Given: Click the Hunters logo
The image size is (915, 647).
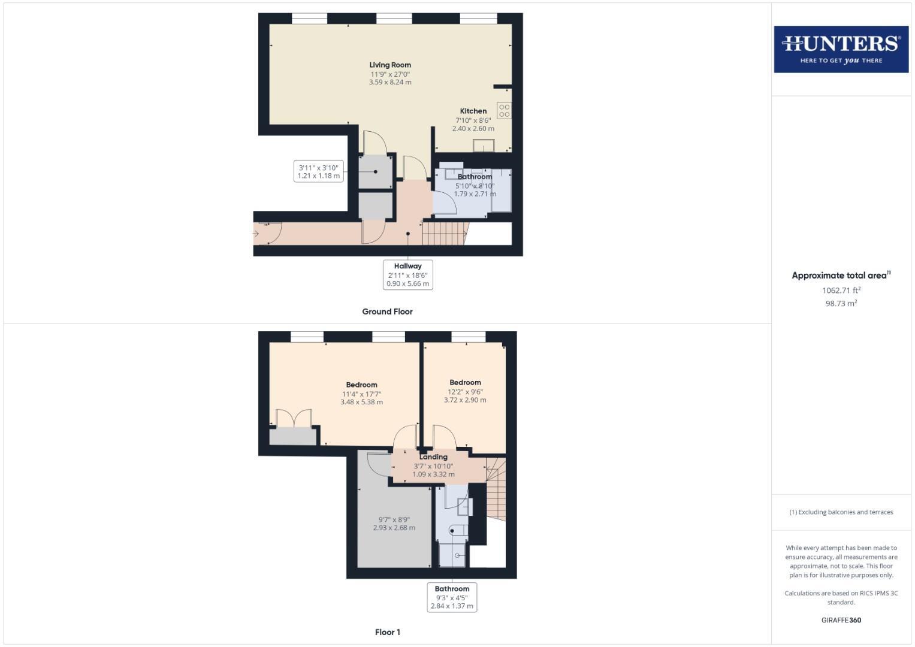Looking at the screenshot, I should pos(841,49).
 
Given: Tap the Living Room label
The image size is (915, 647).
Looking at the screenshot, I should pos(390,65).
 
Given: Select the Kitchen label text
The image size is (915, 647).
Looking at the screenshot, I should pos(473,111).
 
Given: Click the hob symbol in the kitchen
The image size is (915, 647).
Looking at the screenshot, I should pos(504,110).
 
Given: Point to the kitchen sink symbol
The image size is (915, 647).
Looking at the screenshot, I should pos(483,146).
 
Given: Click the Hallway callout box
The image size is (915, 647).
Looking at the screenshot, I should pos(407,274).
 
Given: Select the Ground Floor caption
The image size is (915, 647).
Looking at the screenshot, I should pos(387,312).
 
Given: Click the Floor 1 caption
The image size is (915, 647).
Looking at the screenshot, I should pos(388,632).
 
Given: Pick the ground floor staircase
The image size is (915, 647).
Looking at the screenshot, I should pos(444,232).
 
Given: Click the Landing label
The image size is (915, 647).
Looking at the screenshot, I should pos(433,457).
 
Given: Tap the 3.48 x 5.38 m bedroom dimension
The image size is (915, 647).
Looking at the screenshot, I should pos(361,402).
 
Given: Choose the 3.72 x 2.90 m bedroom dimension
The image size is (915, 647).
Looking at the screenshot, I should pos(465,400).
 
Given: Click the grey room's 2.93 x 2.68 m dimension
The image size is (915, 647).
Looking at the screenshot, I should pos(394,528).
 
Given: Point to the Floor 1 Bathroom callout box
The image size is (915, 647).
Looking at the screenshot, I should pos(452,597).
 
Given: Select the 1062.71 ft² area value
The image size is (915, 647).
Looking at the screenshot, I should pos(841,291).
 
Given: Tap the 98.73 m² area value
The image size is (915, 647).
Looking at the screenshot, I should pos(841,304).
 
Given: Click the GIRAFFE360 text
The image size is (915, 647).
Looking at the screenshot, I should pos(841,620).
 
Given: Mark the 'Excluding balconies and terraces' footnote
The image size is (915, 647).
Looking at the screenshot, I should pos(841,512).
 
